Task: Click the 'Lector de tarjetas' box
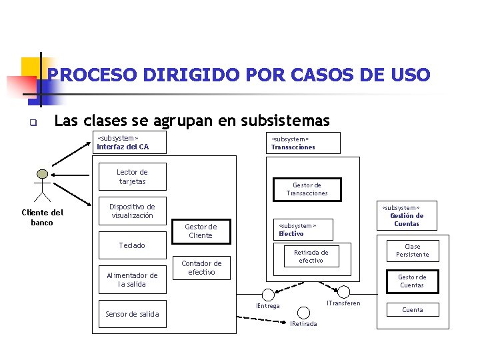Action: click(132, 177)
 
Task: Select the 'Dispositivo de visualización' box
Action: click(132, 211)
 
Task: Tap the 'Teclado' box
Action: click(132, 245)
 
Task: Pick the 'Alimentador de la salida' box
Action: click(132, 279)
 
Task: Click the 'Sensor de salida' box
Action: click(132, 314)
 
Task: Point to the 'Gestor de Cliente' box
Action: click(201, 231)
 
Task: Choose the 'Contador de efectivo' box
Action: click(201, 267)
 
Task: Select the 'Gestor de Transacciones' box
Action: click(307, 189)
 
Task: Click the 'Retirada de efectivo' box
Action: click(311, 257)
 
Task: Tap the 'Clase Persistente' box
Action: click(412, 251)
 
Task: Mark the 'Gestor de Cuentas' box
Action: click(412, 281)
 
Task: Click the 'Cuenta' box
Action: click(412, 310)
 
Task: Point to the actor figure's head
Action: click(43, 174)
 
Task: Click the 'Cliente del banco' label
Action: click(42, 217)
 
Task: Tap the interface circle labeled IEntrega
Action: click(268, 293)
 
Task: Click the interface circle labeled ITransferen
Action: click(343, 291)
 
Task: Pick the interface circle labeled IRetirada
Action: click(303, 312)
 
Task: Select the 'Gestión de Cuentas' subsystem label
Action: click(406, 216)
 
